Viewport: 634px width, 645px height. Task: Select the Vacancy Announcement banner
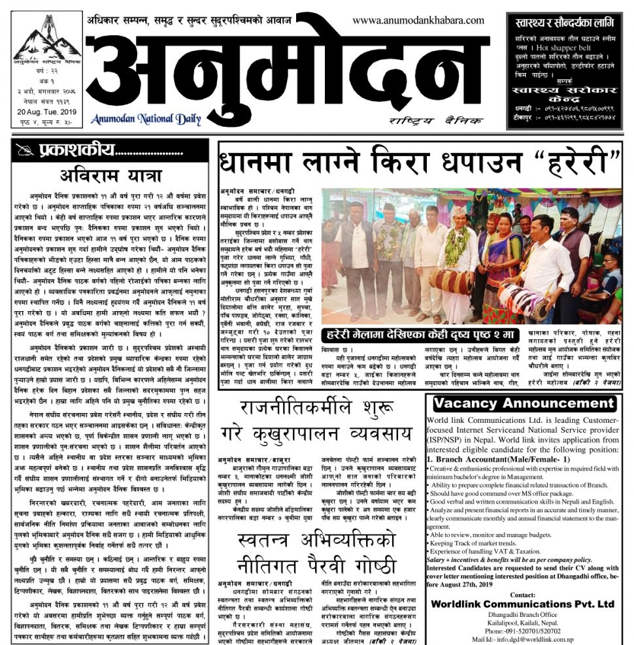(x=524, y=403)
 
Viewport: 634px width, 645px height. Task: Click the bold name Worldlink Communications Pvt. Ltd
(x=524, y=603)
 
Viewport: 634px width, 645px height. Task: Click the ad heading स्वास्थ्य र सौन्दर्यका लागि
(x=566, y=24)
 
